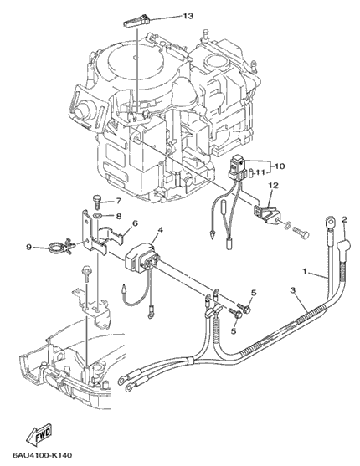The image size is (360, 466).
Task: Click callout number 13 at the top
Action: (188, 16)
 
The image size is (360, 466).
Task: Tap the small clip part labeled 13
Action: (137, 21)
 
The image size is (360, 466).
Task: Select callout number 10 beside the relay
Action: (280, 166)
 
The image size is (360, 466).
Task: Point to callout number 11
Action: (260, 172)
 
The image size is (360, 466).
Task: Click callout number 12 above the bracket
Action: (274, 186)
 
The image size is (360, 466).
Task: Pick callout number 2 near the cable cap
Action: (344, 220)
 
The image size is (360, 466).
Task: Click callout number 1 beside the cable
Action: (305, 271)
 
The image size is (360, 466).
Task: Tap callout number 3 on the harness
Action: (292, 290)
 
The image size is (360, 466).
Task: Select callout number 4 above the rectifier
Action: (161, 230)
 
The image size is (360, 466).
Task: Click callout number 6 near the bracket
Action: (135, 223)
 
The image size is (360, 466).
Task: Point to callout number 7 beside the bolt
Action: (118, 201)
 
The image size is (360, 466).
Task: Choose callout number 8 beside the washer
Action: (118, 216)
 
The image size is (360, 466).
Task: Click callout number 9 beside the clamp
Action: (28, 247)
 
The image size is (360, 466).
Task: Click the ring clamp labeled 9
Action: (55, 246)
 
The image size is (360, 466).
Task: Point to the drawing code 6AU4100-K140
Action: (42, 455)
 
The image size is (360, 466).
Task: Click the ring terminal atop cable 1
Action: (330, 222)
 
